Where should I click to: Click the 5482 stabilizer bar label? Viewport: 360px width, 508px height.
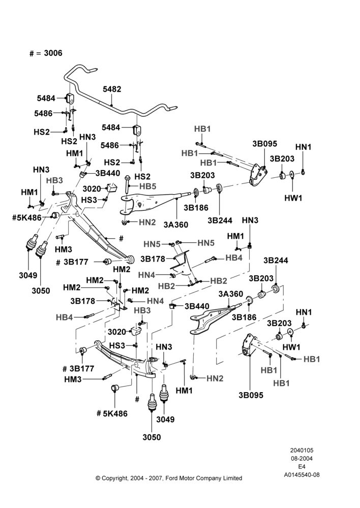coord(112,89)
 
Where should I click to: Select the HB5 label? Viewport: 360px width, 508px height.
coord(148,186)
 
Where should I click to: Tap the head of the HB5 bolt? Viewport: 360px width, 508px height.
coord(127,177)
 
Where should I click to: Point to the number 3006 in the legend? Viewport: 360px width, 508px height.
coord(53,53)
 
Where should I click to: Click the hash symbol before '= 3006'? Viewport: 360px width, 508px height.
coord(32,53)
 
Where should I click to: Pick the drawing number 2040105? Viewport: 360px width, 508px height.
coord(302,450)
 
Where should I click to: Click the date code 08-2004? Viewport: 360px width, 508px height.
coord(302,458)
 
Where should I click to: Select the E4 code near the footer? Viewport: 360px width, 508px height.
coord(302,467)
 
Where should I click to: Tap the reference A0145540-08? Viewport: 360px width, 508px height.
coord(302,475)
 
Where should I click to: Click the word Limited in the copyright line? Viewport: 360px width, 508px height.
coord(233,478)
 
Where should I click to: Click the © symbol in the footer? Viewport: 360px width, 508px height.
coord(98,478)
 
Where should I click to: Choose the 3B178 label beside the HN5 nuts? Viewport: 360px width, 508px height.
coord(153,259)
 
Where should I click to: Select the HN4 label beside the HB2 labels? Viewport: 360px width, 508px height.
coord(146,275)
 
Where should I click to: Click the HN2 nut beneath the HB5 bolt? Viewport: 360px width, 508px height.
coord(124,222)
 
